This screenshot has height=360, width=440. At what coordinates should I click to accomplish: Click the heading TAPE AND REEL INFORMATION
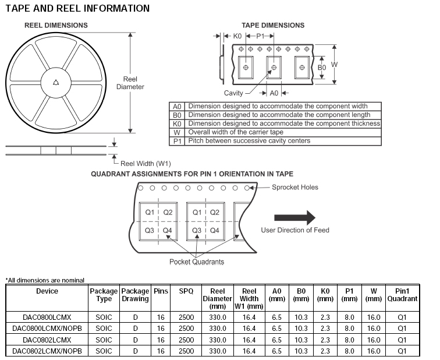point(77,9)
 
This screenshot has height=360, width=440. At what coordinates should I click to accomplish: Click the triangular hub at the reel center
point(55,82)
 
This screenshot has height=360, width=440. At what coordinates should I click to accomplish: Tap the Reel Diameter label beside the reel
point(130,83)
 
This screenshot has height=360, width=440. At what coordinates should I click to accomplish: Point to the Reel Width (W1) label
point(146,164)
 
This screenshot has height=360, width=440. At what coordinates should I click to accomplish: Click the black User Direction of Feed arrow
point(294,218)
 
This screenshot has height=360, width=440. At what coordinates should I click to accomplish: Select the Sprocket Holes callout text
point(295,187)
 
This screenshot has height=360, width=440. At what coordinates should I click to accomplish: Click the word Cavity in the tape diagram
point(233,93)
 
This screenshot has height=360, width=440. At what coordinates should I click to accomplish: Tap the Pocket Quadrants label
point(197,262)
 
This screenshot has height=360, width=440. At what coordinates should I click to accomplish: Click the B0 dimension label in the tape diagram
point(321,68)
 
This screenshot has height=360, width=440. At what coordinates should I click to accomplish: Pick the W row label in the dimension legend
point(177,132)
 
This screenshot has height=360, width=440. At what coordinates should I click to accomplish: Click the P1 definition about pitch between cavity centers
point(249,141)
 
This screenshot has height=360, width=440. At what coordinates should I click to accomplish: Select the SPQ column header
point(186,291)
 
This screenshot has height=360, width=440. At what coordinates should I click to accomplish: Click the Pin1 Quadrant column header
point(402,295)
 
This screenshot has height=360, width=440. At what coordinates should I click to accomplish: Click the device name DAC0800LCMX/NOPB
point(47,328)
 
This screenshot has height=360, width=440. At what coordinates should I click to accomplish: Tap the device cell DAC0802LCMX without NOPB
point(47,340)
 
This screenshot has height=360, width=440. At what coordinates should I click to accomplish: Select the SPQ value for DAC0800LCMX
point(186,317)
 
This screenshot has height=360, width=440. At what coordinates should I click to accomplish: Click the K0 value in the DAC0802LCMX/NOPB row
point(325,351)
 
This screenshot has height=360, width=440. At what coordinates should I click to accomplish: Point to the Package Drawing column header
point(135,295)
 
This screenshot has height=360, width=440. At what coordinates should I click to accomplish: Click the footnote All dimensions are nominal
point(45,280)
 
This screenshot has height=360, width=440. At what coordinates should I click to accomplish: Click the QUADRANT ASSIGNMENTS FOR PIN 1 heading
point(193,174)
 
